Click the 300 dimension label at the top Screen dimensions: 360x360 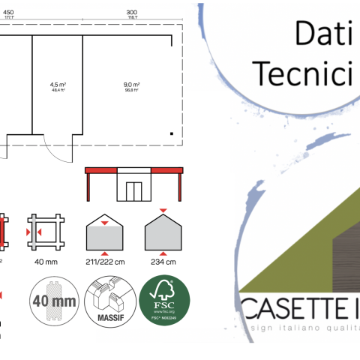131,13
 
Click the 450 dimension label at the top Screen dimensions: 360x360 8,13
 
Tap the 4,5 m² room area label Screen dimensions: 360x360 56,85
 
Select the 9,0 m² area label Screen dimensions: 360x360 132,85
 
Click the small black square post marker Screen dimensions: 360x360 172,133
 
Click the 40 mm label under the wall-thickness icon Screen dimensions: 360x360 46,262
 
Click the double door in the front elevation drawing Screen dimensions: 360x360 134,190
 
